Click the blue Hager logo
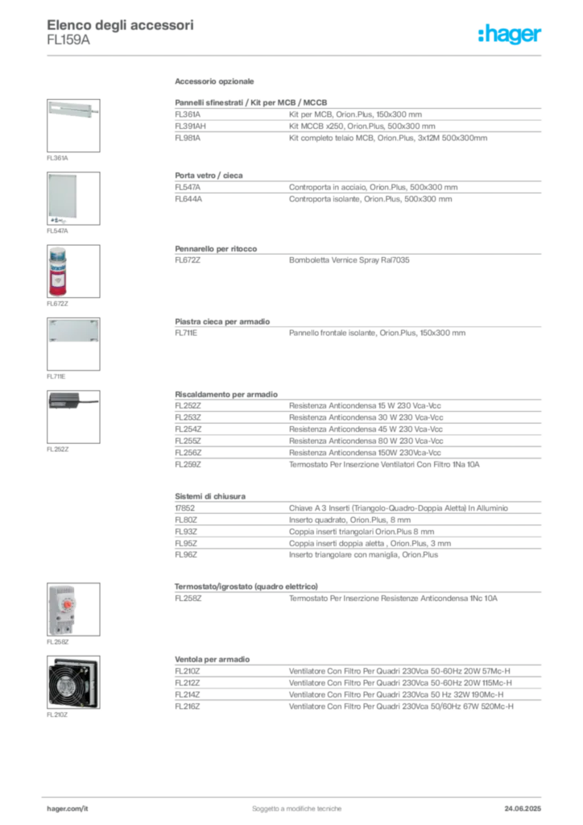coord(511,35)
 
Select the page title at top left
coord(121,24)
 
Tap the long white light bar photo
coord(72,109)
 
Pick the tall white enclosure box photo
coord(64,196)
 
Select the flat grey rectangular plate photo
coord(73,332)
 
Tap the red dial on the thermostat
coord(69,602)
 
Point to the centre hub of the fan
coord(72,686)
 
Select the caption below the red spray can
coord(57,306)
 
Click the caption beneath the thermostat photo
coord(57,645)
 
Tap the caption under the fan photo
coord(57,714)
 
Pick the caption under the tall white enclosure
coord(57,232)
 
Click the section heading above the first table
coord(216,83)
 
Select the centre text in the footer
coord(298,804)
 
